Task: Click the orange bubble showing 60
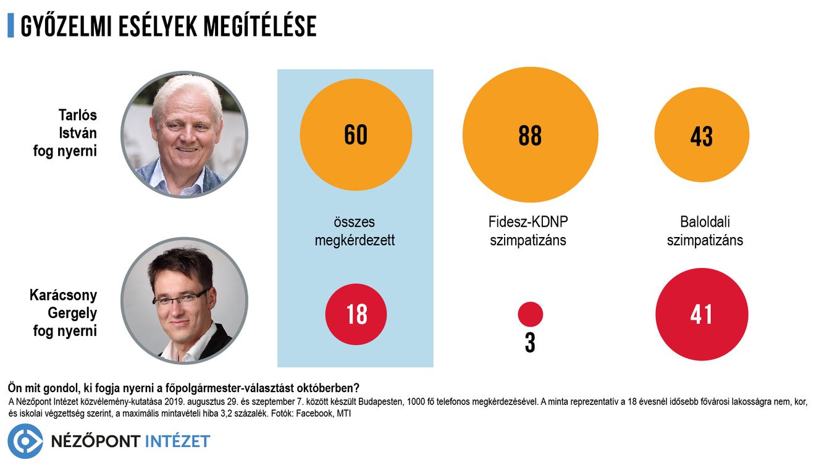pyautogui.click(x=356, y=135)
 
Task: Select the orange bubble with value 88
pyautogui.click(x=530, y=135)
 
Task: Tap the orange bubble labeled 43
pyautogui.click(x=702, y=135)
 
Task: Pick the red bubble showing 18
pyautogui.click(x=356, y=314)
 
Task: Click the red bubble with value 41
pyautogui.click(x=702, y=314)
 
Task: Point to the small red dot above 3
pyautogui.click(x=530, y=314)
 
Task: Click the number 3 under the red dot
pyautogui.click(x=530, y=343)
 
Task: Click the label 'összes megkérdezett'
pyautogui.click(x=355, y=231)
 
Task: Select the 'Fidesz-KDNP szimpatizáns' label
pyautogui.click(x=528, y=231)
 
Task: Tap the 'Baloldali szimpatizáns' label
pyautogui.click(x=705, y=231)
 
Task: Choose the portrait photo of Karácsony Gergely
pyautogui.click(x=184, y=301)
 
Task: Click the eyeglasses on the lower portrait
pyautogui.click(x=181, y=299)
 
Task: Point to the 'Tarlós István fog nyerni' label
pyautogui.click(x=65, y=133)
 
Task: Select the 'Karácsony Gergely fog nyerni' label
pyautogui.click(x=64, y=313)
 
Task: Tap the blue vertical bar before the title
pyautogui.click(x=11, y=25)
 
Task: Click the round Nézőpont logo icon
pyautogui.click(x=25, y=441)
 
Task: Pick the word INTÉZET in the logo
pyautogui.click(x=177, y=441)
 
